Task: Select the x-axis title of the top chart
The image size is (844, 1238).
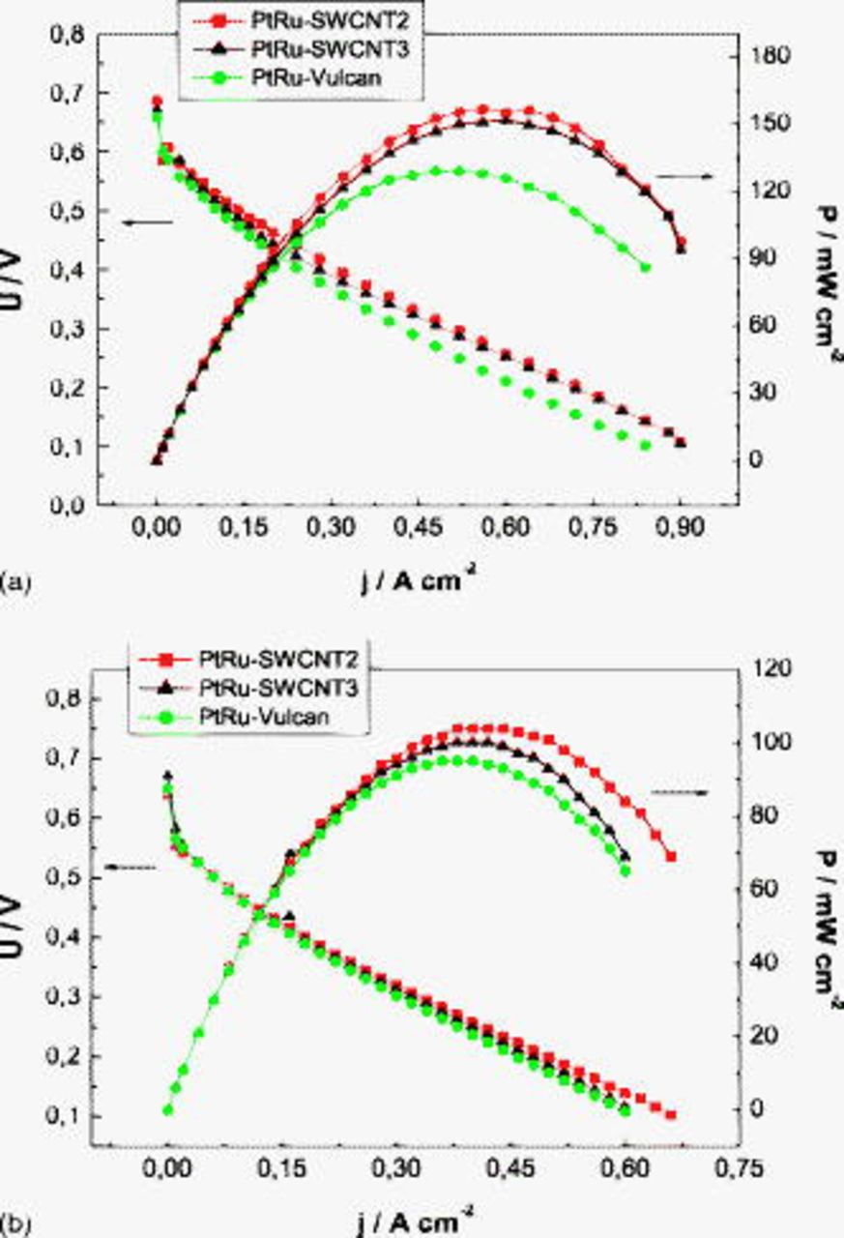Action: click(419, 582)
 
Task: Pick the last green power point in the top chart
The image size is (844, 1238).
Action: click(646, 268)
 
